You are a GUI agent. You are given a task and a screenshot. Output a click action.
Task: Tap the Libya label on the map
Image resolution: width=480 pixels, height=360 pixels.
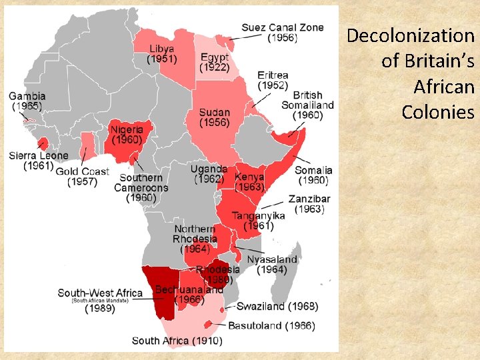[163, 54]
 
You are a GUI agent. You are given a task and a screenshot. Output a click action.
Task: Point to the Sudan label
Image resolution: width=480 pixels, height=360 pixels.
[214, 118]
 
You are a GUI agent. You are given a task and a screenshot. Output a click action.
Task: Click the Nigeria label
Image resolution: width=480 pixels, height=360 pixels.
[127, 135]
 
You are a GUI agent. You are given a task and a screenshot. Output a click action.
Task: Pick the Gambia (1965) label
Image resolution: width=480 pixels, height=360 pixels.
[27, 101]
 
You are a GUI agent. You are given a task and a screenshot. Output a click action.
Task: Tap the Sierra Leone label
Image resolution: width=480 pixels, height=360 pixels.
[39, 161]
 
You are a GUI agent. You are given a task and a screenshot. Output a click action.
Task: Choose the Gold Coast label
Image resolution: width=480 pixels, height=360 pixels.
[82, 177]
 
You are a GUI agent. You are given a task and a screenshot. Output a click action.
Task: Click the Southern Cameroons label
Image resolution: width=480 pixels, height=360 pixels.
[141, 187]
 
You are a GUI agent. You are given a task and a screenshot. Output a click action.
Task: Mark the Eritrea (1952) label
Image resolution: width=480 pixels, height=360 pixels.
[273, 80]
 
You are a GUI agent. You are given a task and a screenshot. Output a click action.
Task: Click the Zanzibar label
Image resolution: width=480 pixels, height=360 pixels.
[309, 204]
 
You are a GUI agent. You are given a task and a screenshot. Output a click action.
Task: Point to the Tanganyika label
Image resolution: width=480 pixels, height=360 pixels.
[258, 221]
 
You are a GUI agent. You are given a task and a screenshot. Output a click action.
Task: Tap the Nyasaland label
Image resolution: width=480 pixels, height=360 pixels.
[272, 264]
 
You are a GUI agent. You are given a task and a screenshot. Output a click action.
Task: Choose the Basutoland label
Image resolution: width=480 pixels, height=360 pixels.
[271, 326]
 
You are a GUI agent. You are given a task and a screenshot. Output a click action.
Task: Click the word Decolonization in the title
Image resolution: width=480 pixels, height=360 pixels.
[409, 35]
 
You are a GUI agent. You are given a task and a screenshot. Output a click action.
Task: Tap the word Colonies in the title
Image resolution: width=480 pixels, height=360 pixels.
[438, 111]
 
